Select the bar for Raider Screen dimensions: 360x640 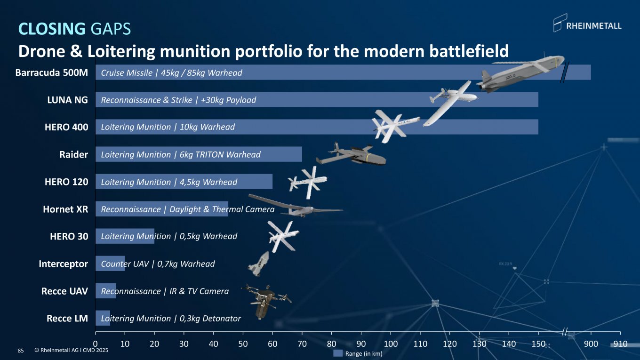pos(198,154)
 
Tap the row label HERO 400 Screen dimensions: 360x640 pos(68,127)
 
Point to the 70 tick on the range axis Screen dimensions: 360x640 pos(302,343)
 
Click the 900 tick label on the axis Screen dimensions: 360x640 pos(591,343)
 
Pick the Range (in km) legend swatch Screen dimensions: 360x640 pos(337,353)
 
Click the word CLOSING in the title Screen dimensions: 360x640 pos(52,29)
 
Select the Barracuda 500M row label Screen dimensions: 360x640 pos(52,72)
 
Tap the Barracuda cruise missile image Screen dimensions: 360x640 pos(520,73)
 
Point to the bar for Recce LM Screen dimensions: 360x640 pos(103,318)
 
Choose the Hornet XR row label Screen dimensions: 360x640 pos(65,209)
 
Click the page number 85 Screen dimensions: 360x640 pos(21,351)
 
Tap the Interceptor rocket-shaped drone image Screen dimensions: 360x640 pos(259,264)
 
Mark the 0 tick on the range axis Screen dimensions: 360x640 pos(96,343)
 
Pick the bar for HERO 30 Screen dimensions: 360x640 pos(125,236)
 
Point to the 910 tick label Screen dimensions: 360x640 pos(621,343)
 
